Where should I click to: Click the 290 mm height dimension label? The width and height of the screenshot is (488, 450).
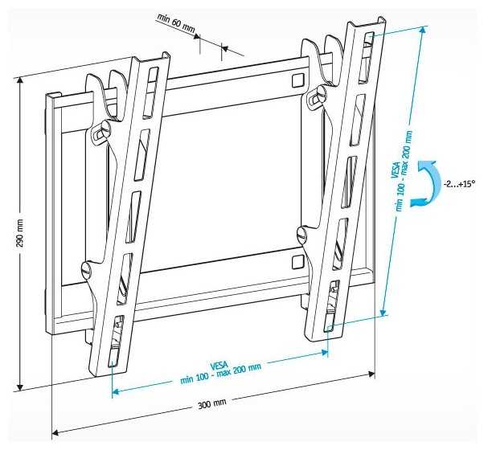point(20,233)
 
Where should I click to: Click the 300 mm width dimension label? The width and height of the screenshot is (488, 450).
point(212,404)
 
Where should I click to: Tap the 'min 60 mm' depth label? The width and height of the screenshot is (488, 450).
point(176,23)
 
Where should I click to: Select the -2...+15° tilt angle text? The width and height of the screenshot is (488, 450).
point(459,184)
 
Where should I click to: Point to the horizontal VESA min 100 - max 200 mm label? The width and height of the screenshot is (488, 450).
point(220,372)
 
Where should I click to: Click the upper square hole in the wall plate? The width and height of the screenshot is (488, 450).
point(297,80)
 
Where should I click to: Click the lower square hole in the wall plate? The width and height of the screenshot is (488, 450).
point(297,262)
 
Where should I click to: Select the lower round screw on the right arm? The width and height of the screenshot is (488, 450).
point(301,234)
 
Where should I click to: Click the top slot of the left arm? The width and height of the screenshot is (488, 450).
point(150,93)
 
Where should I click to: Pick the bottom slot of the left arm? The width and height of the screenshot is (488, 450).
point(115,342)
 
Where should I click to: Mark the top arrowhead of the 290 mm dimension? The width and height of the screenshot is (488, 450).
point(20,81)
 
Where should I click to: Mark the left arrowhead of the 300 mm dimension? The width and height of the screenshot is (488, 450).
point(55,432)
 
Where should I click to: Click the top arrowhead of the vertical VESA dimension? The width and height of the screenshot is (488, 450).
point(422,31)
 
